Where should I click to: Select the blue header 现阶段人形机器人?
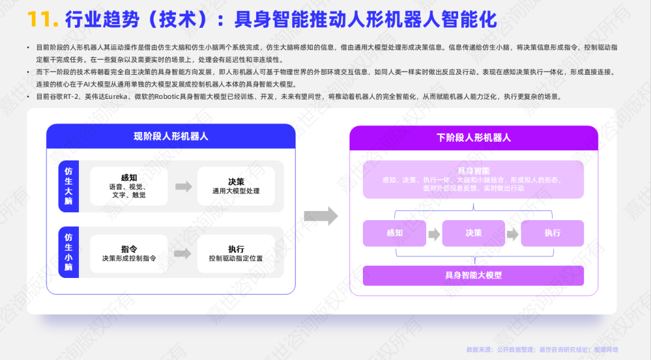click(x=171, y=136)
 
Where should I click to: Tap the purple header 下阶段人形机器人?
click(x=474, y=137)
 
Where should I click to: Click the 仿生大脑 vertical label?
click(x=69, y=186)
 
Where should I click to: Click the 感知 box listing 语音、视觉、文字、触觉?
click(x=128, y=186)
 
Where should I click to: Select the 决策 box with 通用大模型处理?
click(x=236, y=186)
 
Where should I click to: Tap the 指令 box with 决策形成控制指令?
click(x=128, y=253)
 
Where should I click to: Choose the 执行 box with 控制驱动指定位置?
click(x=236, y=253)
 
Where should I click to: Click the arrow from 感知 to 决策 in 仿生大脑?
click(x=183, y=186)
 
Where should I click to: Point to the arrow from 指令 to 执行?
click(x=183, y=254)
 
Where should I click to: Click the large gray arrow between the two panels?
click(x=321, y=215)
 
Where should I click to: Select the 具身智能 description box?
click(x=473, y=179)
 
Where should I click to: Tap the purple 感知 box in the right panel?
click(x=394, y=233)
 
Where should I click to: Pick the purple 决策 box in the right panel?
click(x=473, y=233)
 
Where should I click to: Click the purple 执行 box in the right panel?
click(x=552, y=233)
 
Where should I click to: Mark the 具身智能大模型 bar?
click(x=473, y=276)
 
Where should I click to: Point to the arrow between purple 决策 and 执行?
click(x=512, y=234)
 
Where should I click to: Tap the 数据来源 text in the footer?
click(x=479, y=350)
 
